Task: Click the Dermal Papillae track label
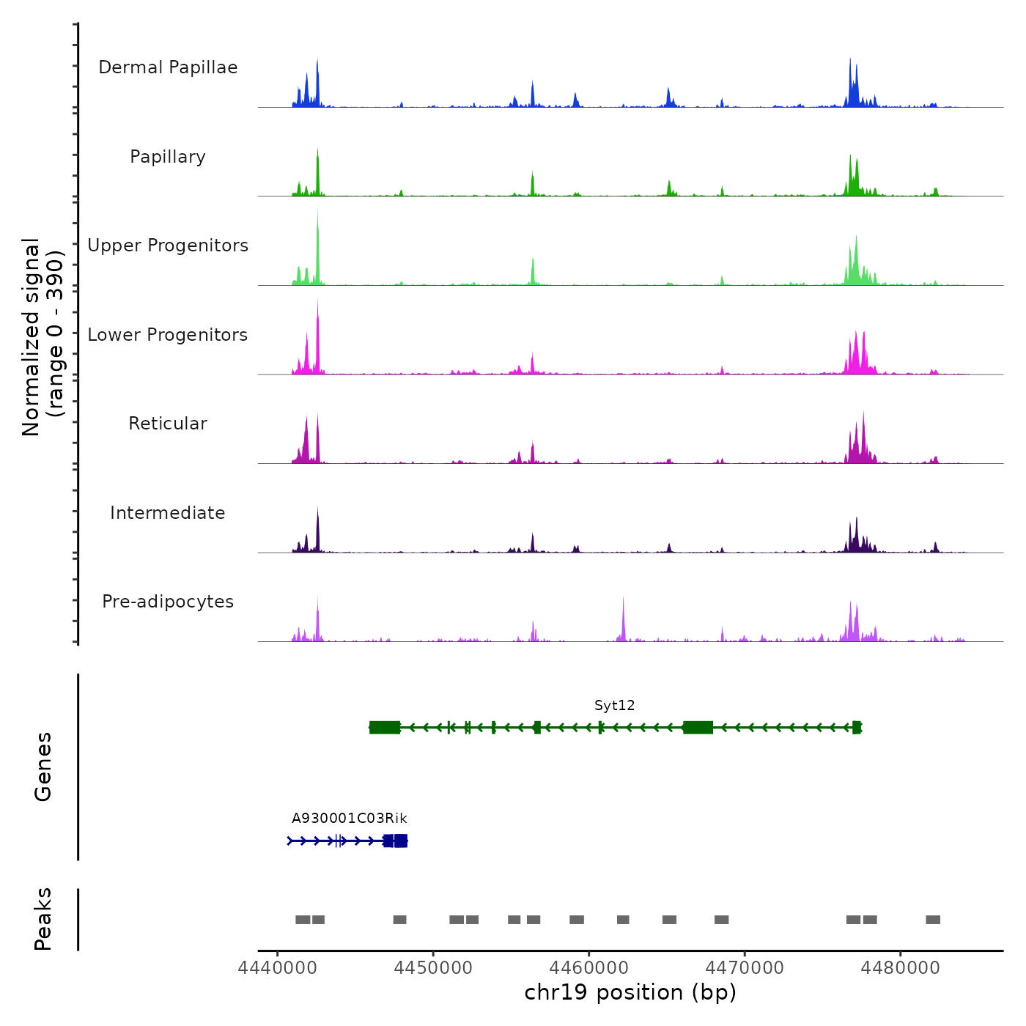(168, 67)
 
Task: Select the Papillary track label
(168, 157)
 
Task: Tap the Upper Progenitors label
(168, 246)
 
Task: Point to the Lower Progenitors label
(168, 335)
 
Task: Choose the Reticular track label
(168, 424)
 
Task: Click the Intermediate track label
(168, 513)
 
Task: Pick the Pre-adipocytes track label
(168, 602)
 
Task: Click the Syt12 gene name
(614, 706)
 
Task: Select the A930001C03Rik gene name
(349, 819)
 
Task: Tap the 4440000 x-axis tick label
(278, 968)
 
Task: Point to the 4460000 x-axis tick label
(589, 968)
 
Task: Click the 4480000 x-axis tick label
(901, 968)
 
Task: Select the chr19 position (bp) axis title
(630, 992)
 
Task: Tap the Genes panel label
(43, 767)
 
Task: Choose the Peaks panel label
(43, 919)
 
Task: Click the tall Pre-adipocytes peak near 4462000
(623, 619)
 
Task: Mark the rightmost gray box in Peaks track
(932, 920)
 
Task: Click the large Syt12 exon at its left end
(385, 728)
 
